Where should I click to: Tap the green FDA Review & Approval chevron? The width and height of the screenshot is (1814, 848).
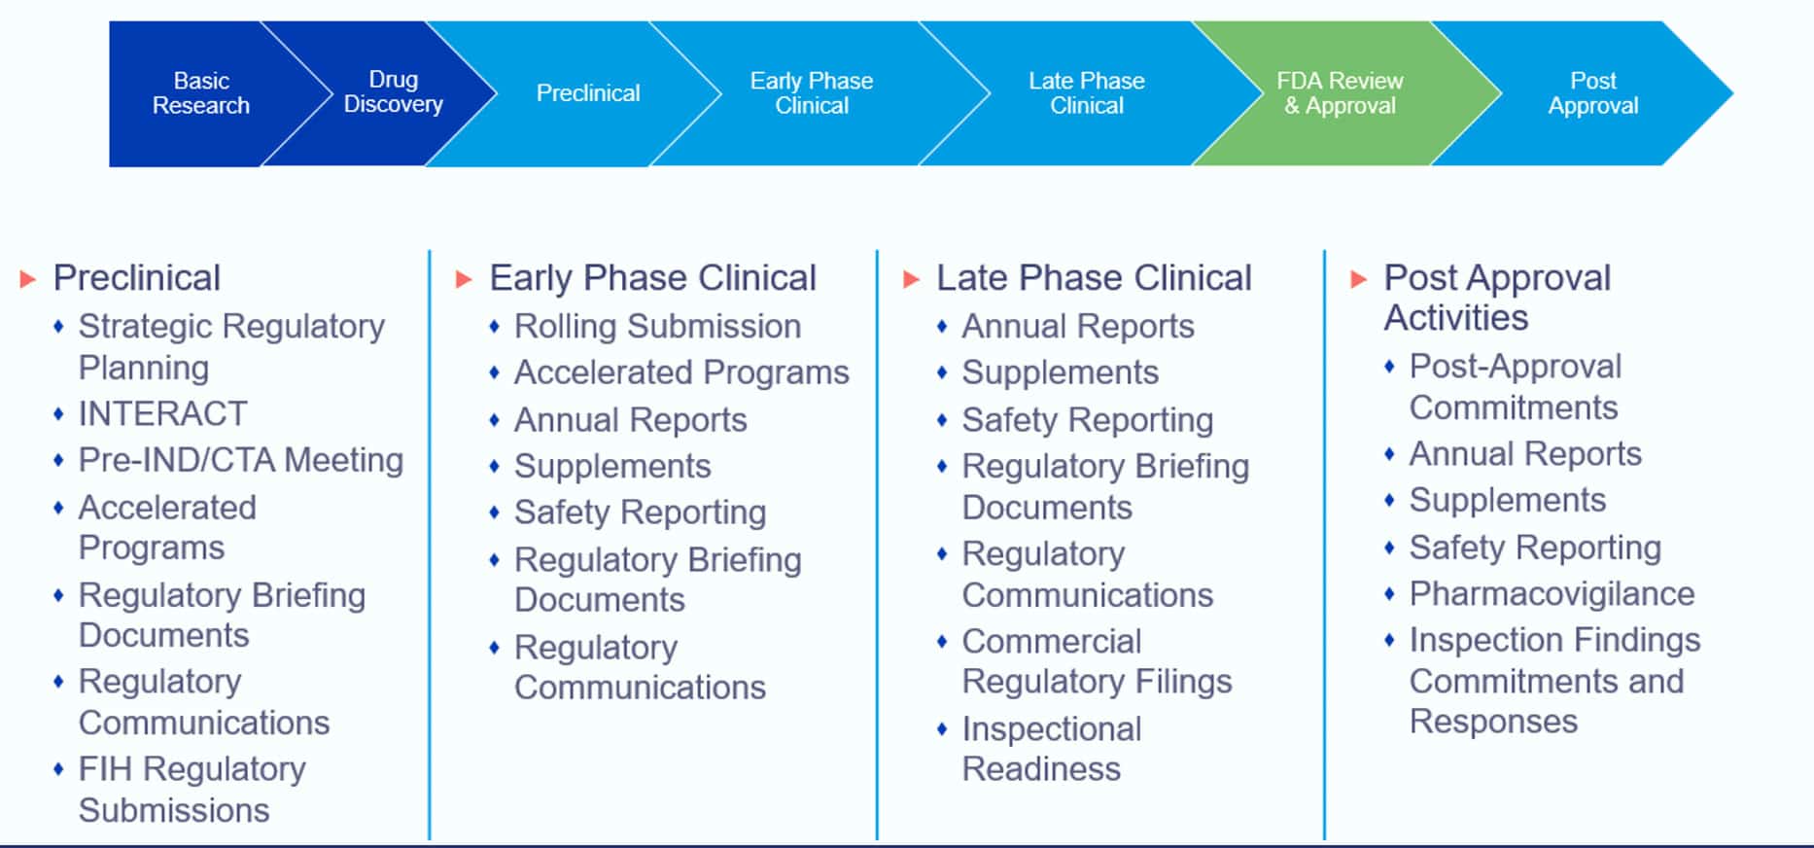1340,93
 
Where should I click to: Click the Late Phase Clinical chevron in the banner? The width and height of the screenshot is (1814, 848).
1086,93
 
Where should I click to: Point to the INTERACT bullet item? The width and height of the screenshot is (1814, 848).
162,414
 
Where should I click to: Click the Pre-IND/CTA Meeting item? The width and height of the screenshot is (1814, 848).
240,460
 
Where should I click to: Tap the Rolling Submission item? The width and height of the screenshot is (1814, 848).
657,327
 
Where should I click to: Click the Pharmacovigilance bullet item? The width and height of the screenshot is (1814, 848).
1552,594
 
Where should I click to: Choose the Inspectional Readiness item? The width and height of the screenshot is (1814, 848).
1051,749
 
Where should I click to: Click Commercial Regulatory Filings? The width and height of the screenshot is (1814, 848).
1096,661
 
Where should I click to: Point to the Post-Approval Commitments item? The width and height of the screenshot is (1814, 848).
1515,387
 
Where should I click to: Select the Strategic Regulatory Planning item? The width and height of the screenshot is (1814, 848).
230,346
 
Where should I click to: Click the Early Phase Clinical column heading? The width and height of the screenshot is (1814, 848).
652,278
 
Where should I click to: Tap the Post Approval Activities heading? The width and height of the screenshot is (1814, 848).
1496,298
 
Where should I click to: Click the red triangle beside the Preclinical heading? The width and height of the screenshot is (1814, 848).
28,280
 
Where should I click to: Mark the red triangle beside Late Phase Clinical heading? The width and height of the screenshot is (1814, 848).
911,280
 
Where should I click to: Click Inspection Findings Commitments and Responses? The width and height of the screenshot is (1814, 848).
1553,681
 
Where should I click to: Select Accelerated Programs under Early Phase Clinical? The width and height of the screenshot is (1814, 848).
681,373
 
